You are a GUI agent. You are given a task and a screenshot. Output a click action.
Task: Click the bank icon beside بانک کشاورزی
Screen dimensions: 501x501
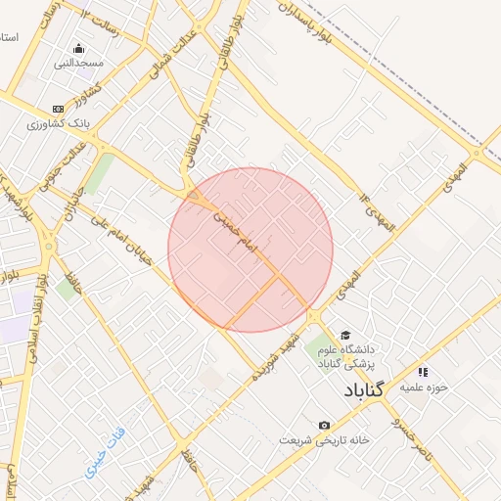[58, 109]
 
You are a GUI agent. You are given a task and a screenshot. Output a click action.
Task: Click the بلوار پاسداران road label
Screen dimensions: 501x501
[320, 22]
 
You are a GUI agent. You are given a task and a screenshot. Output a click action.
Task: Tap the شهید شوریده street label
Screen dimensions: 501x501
[273, 358]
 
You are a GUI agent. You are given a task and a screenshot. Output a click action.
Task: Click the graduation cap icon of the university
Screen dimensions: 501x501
[344, 334]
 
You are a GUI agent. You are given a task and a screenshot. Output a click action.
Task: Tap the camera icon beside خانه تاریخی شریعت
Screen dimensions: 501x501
[324, 425]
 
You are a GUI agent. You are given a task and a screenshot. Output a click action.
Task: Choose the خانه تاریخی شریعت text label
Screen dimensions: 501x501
[324, 440]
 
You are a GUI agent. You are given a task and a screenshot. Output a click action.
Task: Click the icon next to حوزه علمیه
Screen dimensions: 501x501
[423, 372]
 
